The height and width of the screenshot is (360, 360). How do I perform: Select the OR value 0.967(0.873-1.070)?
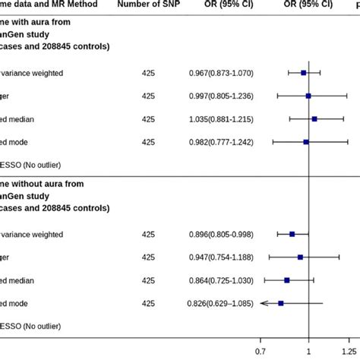tap(221, 72)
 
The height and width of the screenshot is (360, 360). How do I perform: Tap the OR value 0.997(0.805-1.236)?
tap(221, 96)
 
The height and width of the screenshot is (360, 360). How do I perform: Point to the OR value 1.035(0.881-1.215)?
tap(221, 119)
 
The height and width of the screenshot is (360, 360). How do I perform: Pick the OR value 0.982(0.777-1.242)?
tap(221, 142)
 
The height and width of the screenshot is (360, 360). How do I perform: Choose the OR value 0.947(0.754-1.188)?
tap(221, 257)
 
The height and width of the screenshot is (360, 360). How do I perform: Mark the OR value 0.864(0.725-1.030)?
tap(221, 280)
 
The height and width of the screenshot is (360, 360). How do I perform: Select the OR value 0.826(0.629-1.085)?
tap(221, 304)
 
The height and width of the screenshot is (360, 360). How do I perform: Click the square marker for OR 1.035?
tap(314, 118)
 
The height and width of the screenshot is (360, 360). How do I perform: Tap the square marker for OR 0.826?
tap(280, 303)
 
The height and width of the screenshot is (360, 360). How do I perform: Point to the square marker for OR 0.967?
tap(304, 72)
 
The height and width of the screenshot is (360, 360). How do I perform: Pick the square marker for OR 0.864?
tap(287, 280)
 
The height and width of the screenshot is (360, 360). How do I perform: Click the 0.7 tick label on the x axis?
tap(261, 352)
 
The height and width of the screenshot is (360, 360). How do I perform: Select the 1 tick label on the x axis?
tap(309, 352)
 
